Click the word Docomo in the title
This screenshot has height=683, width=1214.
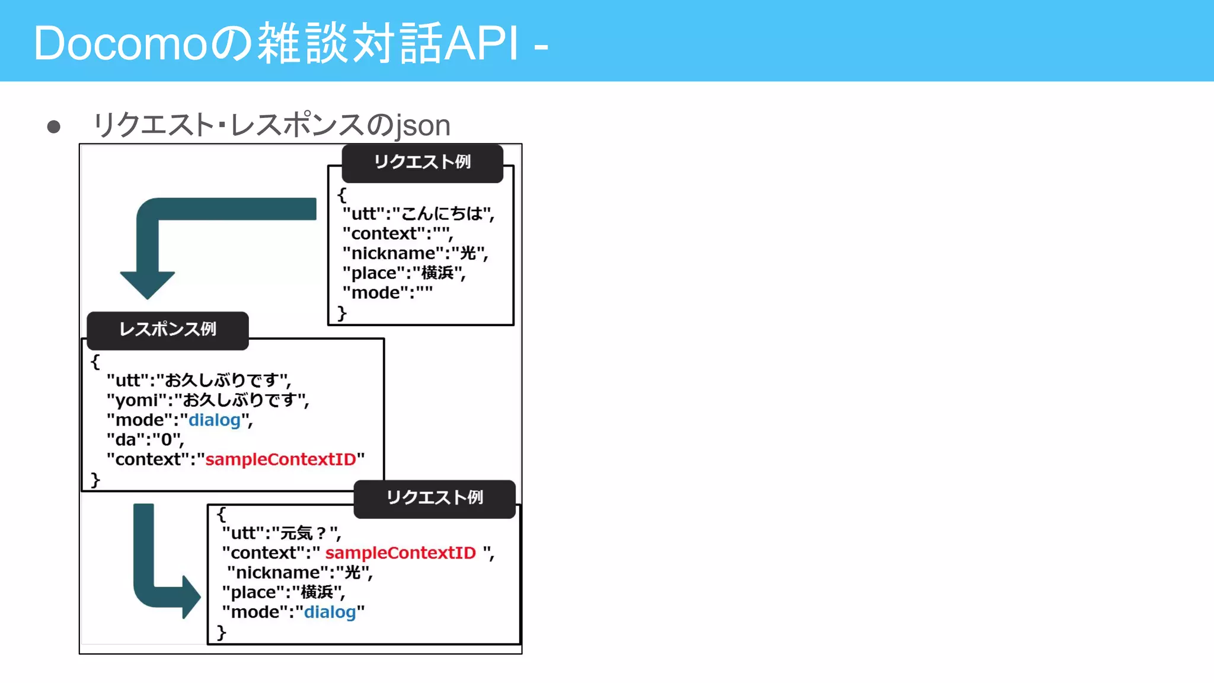[x=119, y=44]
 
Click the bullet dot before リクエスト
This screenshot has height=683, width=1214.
[x=54, y=127]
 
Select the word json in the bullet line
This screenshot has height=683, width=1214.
[x=423, y=126]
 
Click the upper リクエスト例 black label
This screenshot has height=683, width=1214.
[x=422, y=162]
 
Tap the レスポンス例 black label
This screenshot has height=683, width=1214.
[x=168, y=330]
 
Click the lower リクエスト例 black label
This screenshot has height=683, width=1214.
[x=435, y=498]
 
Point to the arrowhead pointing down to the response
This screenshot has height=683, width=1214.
[x=147, y=285]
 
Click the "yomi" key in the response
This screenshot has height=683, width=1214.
[x=137, y=401]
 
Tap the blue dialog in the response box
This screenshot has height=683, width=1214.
[x=214, y=420]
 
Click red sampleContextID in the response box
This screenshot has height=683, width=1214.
[x=280, y=459]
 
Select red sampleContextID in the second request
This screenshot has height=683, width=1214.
[x=400, y=553]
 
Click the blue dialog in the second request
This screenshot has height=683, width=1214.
[x=330, y=612]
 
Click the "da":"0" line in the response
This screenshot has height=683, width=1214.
[x=145, y=440]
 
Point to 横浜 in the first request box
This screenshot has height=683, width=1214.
[x=437, y=273]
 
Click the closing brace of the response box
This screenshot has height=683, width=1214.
[x=95, y=480]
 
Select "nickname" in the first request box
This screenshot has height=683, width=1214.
[x=394, y=254]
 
